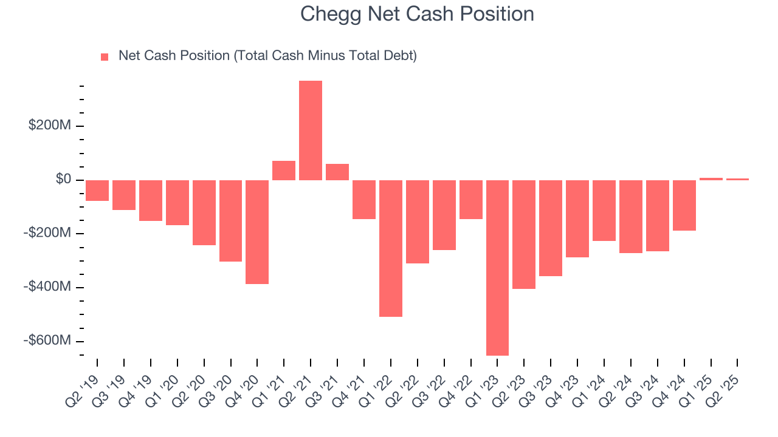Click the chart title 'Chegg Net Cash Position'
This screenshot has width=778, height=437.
click(x=417, y=14)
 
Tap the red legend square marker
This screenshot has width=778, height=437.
click(x=105, y=56)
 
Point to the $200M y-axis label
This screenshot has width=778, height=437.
click(x=50, y=126)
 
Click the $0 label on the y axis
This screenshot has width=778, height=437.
click(x=63, y=179)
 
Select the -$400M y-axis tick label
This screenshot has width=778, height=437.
click(x=48, y=286)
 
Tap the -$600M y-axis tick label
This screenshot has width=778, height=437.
click(x=48, y=340)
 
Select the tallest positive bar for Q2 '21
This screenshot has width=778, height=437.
click(x=311, y=130)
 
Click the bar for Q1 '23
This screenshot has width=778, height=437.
click(x=497, y=267)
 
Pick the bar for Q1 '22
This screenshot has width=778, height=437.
click(x=391, y=248)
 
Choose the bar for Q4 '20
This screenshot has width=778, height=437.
click(x=257, y=232)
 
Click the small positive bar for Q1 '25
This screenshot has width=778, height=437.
click(x=711, y=179)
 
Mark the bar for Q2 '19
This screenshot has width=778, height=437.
click(x=97, y=190)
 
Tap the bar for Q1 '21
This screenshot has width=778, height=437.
click(x=284, y=171)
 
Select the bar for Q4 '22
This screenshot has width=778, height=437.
click(x=470, y=199)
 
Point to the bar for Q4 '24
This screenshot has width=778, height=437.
click(x=684, y=205)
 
